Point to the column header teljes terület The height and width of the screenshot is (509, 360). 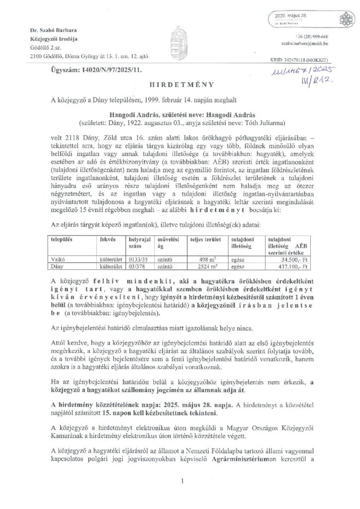click(x=205, y=239)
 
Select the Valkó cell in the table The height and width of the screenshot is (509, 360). click(x=58, y=259)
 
